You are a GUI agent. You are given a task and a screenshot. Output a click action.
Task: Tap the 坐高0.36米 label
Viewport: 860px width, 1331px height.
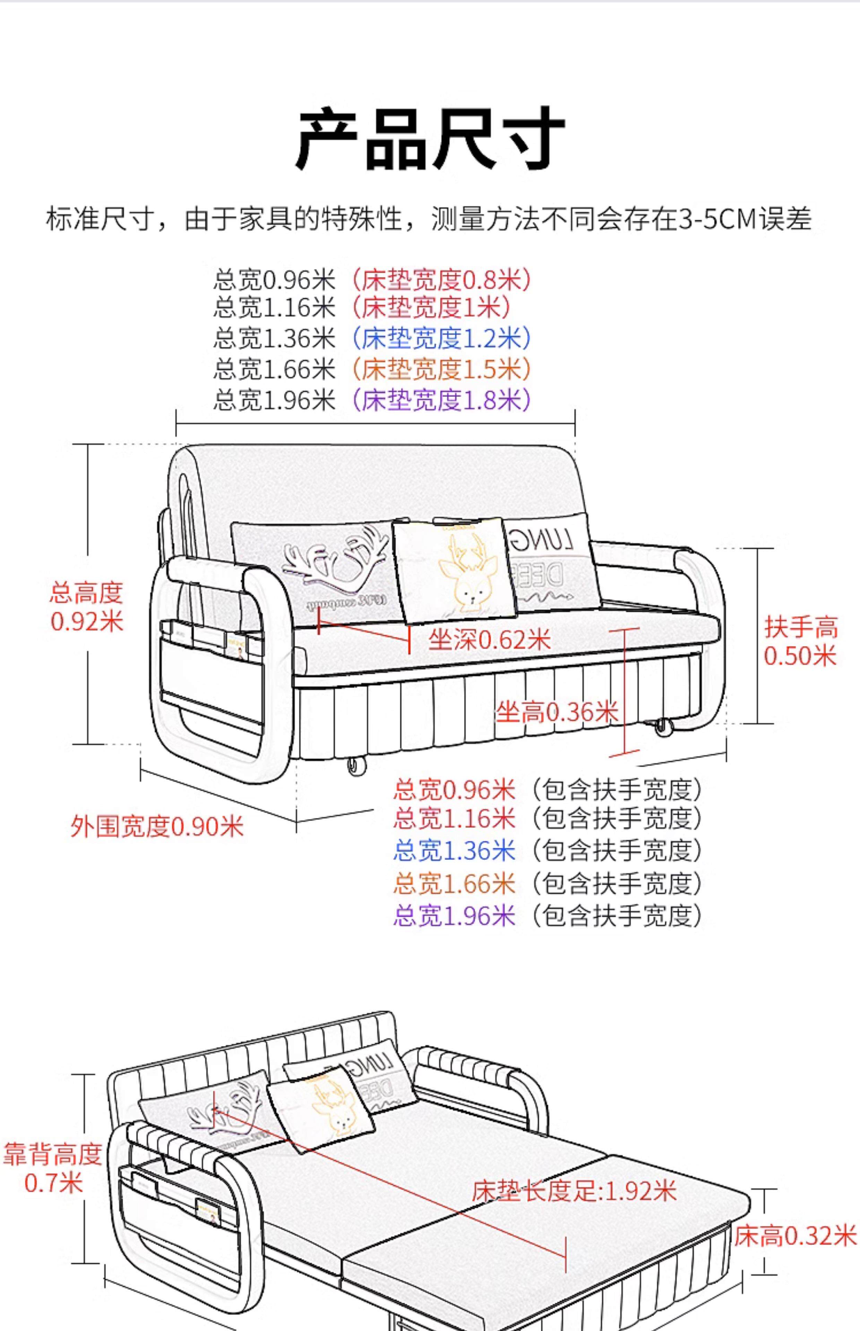tap(557, 712)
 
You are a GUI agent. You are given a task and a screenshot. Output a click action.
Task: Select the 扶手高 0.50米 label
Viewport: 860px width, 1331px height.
tap(800, 642)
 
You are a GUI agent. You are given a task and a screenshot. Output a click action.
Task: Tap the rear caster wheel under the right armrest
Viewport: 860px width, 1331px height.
tap(663, 726)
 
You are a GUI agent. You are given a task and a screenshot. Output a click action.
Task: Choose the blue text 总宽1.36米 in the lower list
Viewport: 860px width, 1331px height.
tap(454, 851)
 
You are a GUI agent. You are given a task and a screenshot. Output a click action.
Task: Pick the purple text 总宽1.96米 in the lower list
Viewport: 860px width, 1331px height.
tap(454, 916)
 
